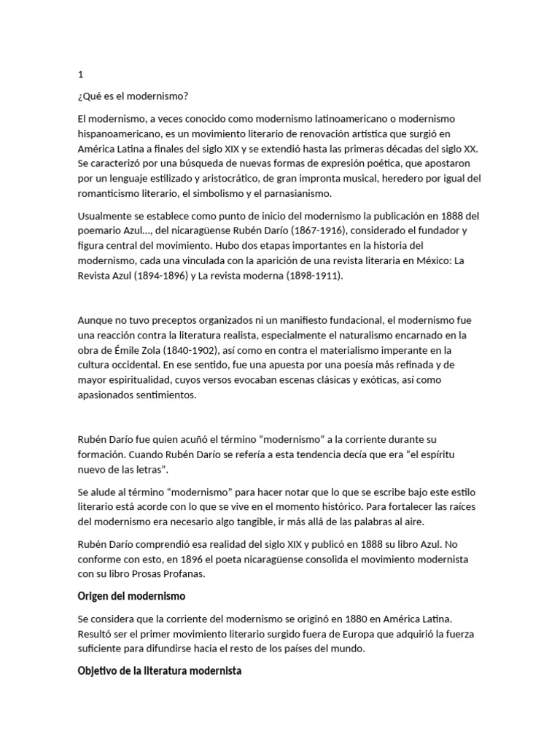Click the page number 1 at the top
tap(80, 74)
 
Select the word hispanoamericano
tap(119, 133)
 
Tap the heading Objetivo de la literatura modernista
tap(160, 670)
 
